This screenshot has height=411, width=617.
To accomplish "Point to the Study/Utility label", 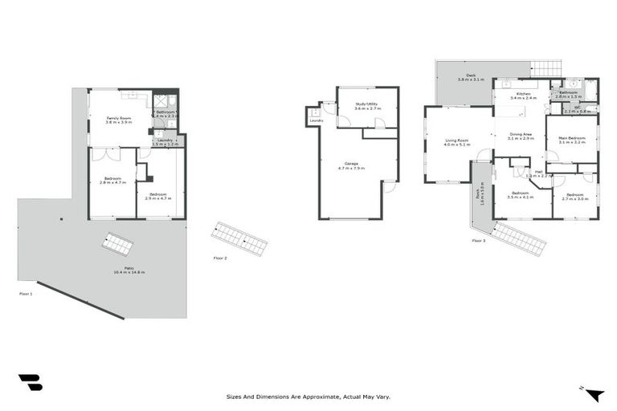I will pos(367,105).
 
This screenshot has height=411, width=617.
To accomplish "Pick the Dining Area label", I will pos(521,136).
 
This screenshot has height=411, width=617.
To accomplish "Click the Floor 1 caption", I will pos(26,295).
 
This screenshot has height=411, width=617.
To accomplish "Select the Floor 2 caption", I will pos(220,258).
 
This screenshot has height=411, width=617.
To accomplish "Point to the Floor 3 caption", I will pos(479,240).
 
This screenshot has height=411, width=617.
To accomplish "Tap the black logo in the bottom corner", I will pos(30,382).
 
